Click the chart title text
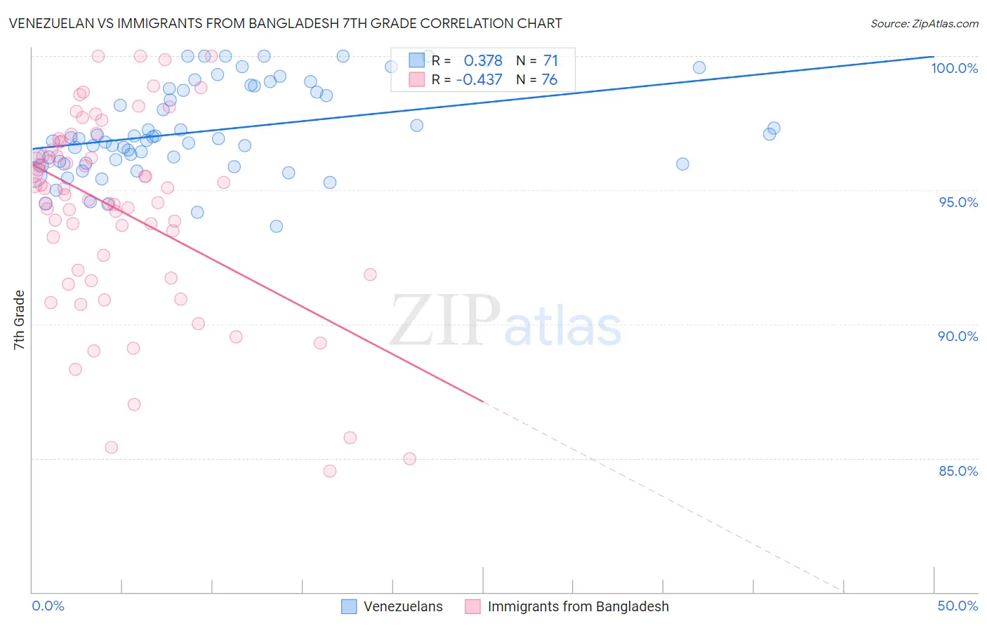tap(285, 23)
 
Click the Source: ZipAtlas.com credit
tap(924, 24)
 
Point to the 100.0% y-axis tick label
tap(954, 68)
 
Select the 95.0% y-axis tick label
tap(958, 202)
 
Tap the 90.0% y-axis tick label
tap(958, 336)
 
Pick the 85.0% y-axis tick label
tap(958, 471)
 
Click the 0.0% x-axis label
tap(48, 606)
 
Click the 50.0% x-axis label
tap(958, 606)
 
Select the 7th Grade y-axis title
tap(19, 320)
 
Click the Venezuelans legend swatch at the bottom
tap(349, 606)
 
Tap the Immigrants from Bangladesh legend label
tap(578, 606)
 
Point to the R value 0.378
tap(483, 61)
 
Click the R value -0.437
tap(479, 80)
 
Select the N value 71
tap(550, 61)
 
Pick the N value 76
tap(550, 80)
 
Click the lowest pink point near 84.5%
tap(330, 471)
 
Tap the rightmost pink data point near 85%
tap(410, 459)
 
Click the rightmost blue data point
tap(774, 128)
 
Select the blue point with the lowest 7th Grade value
tap(277, 226)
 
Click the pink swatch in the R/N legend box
tap(417, 79)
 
